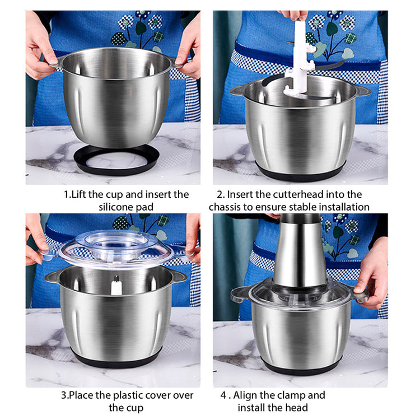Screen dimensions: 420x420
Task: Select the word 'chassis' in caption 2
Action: [x=225, y=207]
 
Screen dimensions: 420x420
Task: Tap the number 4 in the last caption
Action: [x=223, y=395]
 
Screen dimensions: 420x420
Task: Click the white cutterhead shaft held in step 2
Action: [x=300, y=59]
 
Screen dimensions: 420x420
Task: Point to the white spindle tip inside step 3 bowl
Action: [x=116, y=285]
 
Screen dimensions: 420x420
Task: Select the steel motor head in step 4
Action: [x=300, y=251]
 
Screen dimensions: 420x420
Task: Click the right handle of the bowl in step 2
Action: [x=362, y=91]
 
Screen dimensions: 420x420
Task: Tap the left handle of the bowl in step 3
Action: [x=52, y=277]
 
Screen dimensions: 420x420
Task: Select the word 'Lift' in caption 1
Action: [x=78, y=194]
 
